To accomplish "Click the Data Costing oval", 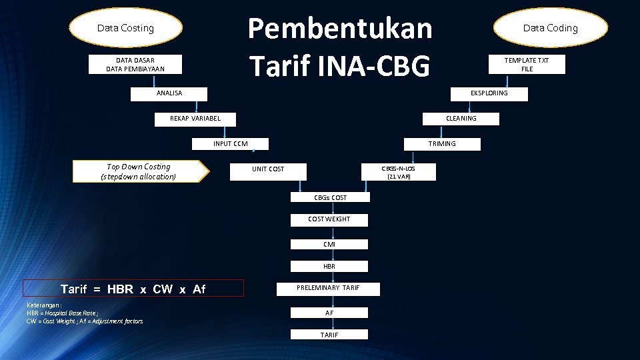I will pyautogui.click(x=125, y=28).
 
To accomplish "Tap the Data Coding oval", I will pyautogui.click(x=550, y=28).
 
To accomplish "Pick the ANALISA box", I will pyautogui.click(x=169, y=93).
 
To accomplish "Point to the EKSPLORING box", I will pyautogui.click(x=489, y=93).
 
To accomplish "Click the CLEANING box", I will pyautogui.click(x=461, y=119).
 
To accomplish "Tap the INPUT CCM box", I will pyautogui.click(x=231, y=144).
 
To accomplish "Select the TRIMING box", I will pyautogui.click(x=442, y=144).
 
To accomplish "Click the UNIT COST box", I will pyautogui.click(x=268, y=169).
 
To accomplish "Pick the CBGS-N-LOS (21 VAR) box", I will pyautogui.click(x=399, y=172).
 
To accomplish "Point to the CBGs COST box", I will pyautogui.click(x=330, y=198).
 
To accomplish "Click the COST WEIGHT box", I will pyautogui.click(x=329, y=219).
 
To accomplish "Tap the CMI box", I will pyautogui.click(x=329, y=245).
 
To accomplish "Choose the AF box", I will pyautogui.click(x=329, y=313).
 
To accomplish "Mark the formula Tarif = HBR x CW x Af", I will pyautogui.click(x=133, y=289).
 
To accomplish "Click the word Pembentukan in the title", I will pyautogui.click(x=340, y=29).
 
